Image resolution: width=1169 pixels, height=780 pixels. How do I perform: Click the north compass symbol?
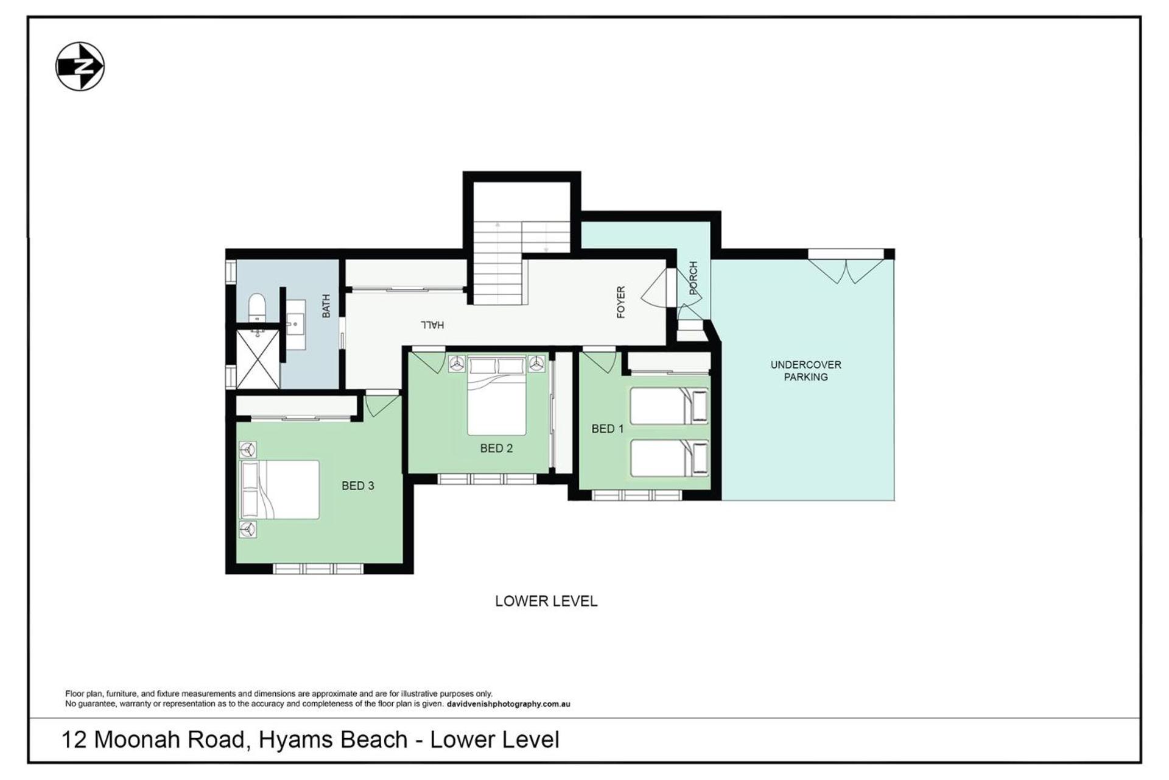click(80, 66)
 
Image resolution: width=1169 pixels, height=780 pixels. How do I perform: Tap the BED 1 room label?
click(608, 429)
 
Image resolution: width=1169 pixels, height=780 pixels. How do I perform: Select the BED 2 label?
click(496, 448)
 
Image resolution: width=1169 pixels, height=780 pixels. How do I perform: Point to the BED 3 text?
click(357, 486)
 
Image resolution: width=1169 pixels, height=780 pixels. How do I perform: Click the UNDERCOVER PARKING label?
click(806, 370)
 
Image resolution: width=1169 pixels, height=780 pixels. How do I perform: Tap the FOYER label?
click(621, 302)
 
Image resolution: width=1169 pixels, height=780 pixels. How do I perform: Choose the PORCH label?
click(693, 278)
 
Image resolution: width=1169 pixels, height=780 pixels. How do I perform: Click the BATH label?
click(326, 306)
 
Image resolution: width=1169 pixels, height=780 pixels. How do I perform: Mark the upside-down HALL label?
click(432, 325)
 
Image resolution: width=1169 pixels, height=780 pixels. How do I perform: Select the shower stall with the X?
click(258, 359)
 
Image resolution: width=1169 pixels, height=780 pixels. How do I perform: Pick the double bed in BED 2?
click(496, 396)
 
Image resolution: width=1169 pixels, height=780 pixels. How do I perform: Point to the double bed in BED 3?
click(280, 489)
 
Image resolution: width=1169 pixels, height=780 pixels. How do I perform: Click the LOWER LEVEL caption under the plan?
click(546, 601)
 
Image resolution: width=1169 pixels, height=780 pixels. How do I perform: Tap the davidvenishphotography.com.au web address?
click(508, 704)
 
